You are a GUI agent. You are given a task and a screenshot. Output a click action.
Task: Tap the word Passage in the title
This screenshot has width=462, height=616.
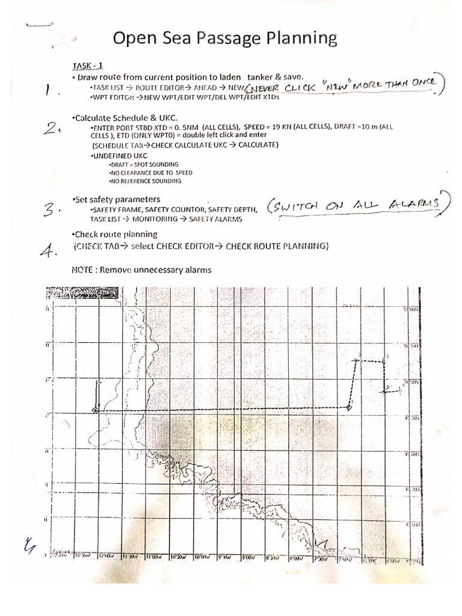pos(210,40)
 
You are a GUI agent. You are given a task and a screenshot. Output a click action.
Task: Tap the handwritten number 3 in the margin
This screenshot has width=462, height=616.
pos(52,209)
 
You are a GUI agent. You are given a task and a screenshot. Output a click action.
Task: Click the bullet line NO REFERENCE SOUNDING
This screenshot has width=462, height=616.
pos(144,180)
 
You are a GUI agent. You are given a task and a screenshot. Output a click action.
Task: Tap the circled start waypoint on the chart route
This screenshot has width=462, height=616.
pos(96,410)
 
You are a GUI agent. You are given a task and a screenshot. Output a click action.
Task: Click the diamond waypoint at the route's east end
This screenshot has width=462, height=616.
pos(349,408)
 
